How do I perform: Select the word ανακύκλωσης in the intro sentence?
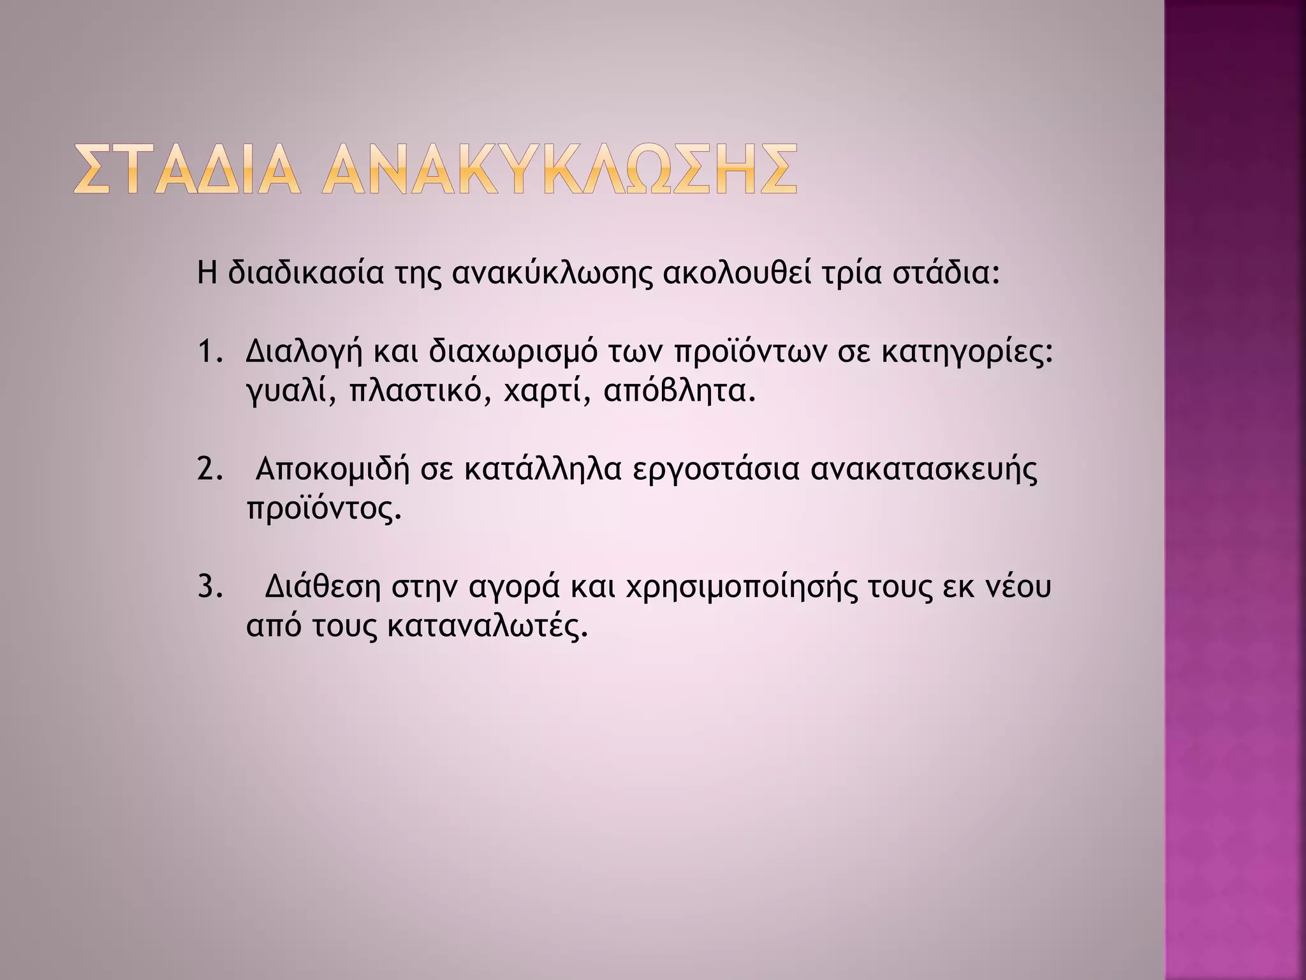(552, 274)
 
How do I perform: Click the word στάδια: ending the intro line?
(945, 273)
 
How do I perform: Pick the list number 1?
(210, 353)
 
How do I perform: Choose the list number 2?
(210, 470)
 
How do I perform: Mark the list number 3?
(210, 587)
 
